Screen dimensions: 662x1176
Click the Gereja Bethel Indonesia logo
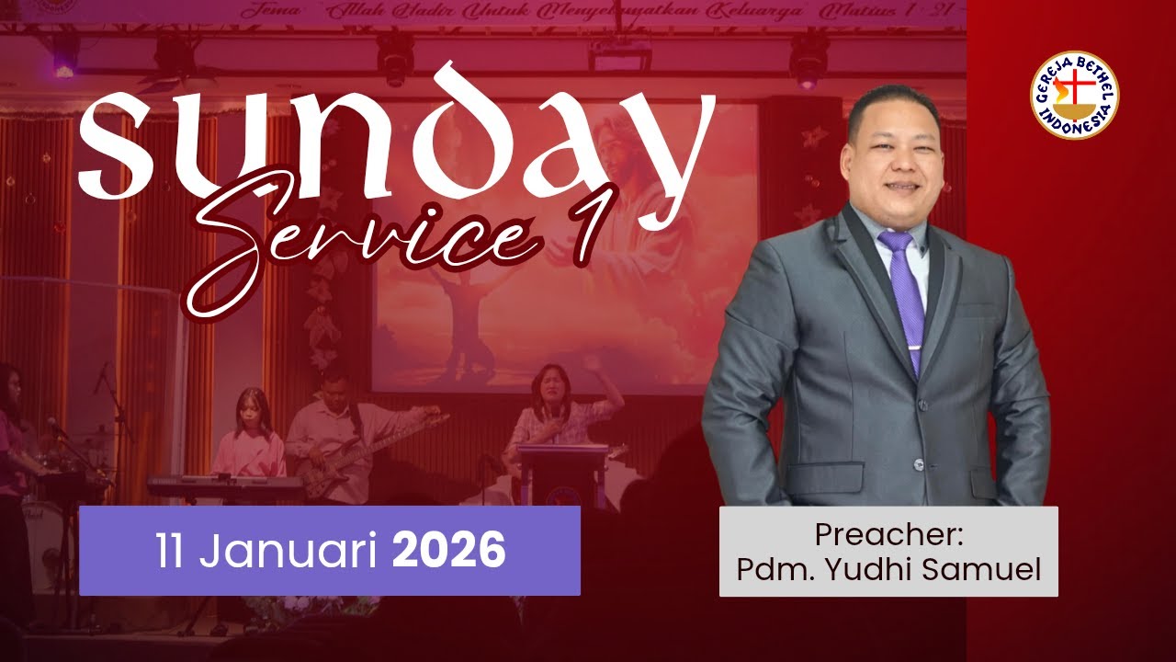[1074, 96]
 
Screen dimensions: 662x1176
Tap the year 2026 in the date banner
[449, 551]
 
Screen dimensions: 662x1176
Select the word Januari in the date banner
[293, 552]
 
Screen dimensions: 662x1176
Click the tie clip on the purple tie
[915, 347]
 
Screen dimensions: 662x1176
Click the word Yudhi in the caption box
[858, 569]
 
